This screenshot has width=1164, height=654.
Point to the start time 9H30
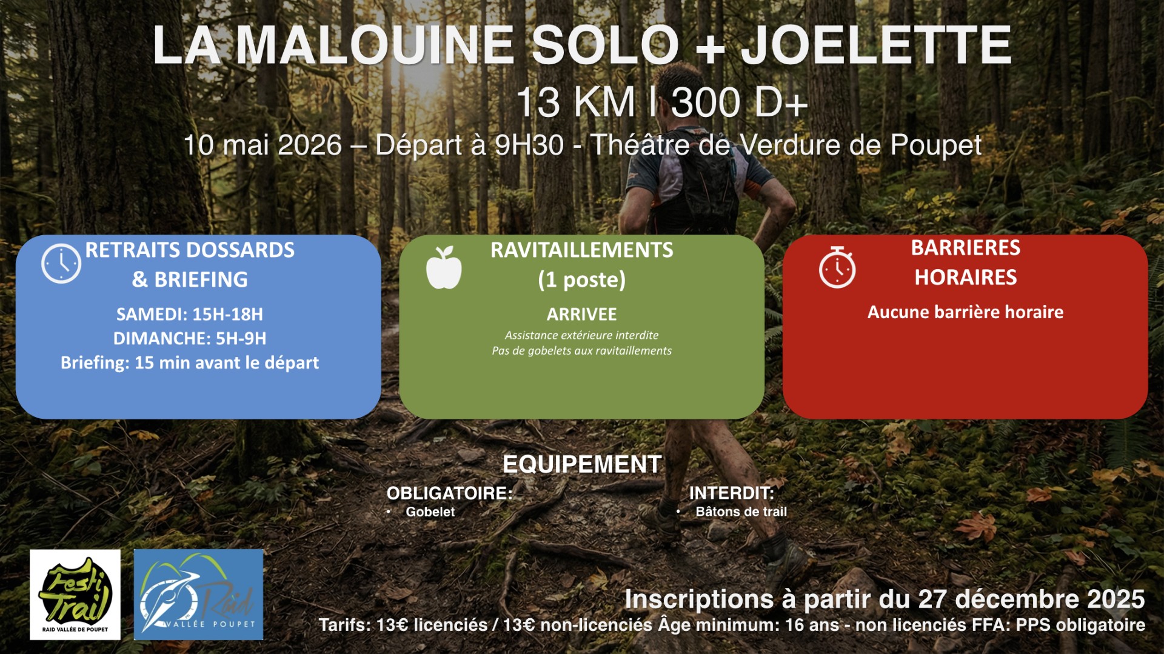[529, 145]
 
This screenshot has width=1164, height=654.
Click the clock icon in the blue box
[61, 264]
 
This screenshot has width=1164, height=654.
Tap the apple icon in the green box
[444, 267]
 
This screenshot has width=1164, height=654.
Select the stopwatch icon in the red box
[837, 267]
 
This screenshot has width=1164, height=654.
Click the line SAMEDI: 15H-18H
[190, 315]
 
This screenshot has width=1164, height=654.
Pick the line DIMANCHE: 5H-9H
[190, 338]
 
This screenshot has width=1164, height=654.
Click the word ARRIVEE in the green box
[582, 315]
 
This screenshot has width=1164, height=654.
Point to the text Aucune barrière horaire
[965, 312]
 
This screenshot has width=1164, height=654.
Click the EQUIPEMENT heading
[582, 464]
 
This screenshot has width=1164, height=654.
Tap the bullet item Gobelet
[430, 512]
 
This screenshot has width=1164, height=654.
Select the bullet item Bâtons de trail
[741, 512]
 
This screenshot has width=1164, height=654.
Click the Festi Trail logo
[75, 595]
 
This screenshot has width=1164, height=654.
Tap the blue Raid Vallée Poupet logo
[198, 595]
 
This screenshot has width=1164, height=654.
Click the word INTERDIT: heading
[732, 493]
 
